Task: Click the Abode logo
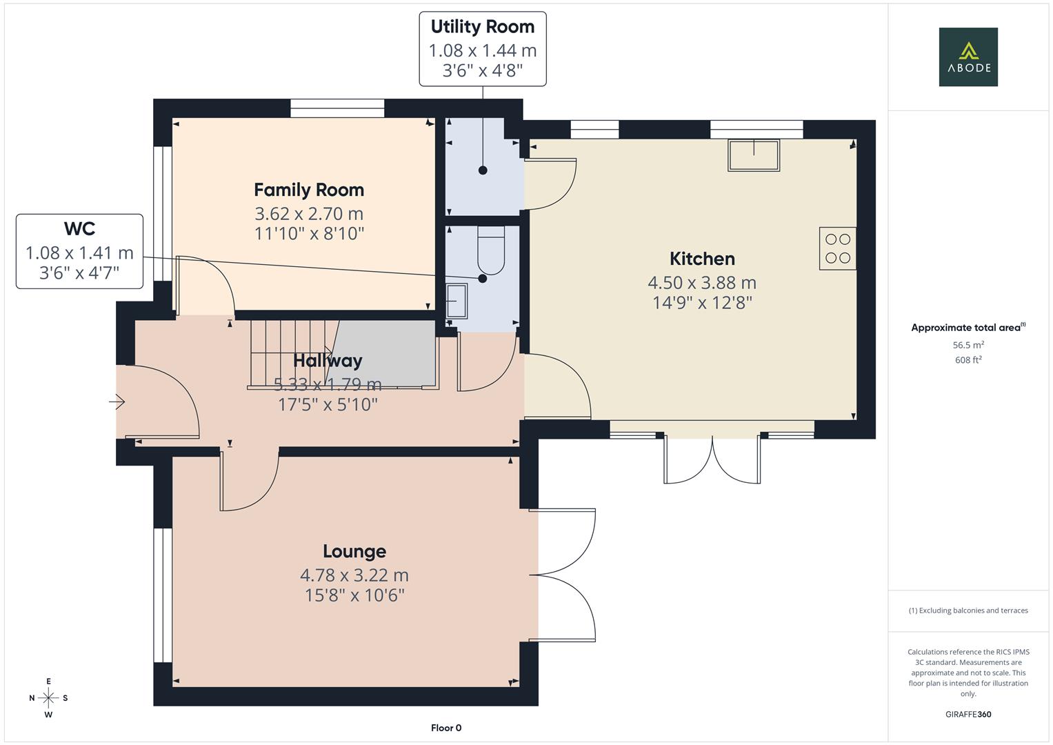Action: pyautogui.click(x=967, y=57)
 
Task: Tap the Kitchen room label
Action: pyautogui.click(x=702, y=259)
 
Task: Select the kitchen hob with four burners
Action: pyautogui.click(x=837, y=248)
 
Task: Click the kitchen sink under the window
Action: pyautogui.click(x=753, y=155)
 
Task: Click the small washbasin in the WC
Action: pyautogui.click(x=457, y=301)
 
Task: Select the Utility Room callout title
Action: pyautogui.click(x=482, y=27)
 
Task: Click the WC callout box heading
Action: pyautogui.click(x=79, y=229)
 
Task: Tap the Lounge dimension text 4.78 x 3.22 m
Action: pyautogui.click(x=354, y=575)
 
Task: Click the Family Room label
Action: pyautogui.click(x=308, y=190)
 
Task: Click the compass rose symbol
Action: pyautogui.click(x=48, y=697)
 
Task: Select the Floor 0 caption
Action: pyautogui.click(x=445, y=728)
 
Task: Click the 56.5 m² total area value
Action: pyautogui.click(x=967, y=345)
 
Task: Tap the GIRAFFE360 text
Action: pyautogui.click(x=967, y=714)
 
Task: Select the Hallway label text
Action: pyautogui.click(x=328, y=360)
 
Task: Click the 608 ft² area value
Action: pyautogui.click(x=967, y=360)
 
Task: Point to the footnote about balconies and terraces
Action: pyautogui.click(x=967, y=610)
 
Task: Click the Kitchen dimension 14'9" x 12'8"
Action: pyautogui.click(x=702, y=303)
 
